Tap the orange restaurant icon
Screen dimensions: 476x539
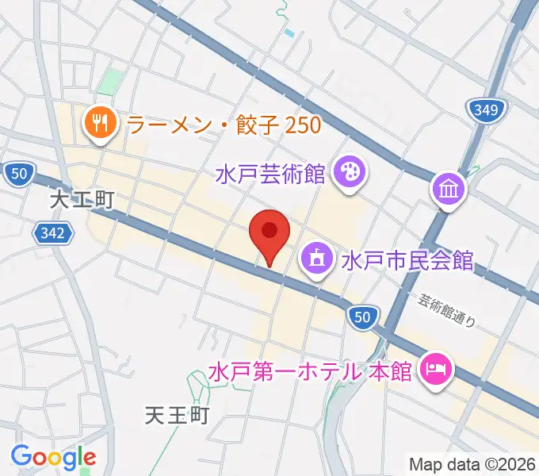pos(100,123)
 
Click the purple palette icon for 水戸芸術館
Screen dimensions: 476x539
pos(349,171)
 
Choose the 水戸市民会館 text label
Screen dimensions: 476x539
pos(407,260)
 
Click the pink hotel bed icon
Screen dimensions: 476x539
pos(435,368)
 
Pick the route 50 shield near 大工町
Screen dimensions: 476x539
pos(18,174)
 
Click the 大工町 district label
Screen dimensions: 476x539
pos(82,200)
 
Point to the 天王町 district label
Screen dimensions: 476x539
pos(177,415)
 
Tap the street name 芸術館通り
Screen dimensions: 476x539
pos(448,311)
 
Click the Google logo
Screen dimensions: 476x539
pos(53,457)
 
